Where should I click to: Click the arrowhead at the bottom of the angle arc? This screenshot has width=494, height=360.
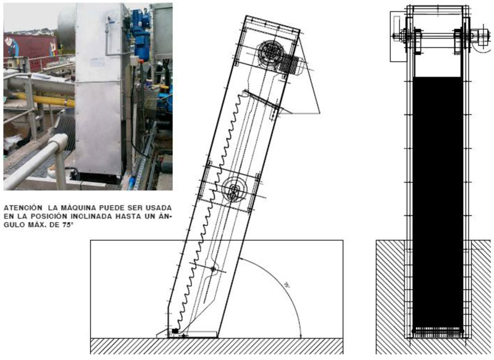[x=300, y=333]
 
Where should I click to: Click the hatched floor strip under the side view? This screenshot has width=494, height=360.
[x=216, y=346]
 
